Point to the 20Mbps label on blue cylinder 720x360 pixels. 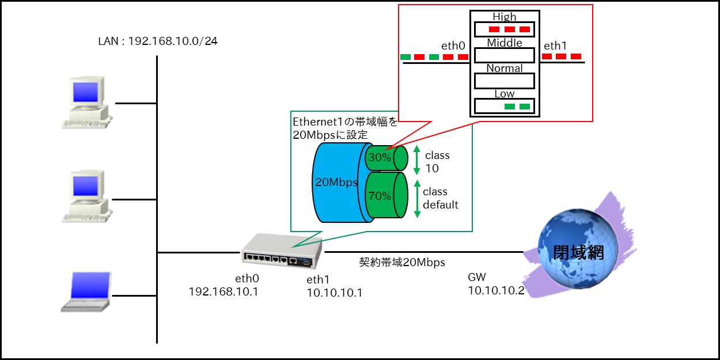coord(336,182)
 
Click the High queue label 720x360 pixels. coord(504,17)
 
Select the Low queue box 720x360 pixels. coord(504,107)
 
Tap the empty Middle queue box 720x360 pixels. coord(504,55)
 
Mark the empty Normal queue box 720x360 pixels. coord(504,81)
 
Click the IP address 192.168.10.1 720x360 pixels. coord(223,291)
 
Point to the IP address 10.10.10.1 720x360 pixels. coord(335,293)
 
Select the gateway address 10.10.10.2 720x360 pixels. coord(496,290)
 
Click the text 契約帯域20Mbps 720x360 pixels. coord(402,263)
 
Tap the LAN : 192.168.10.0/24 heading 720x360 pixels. coord(158,41)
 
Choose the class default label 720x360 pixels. coord(441,198)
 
